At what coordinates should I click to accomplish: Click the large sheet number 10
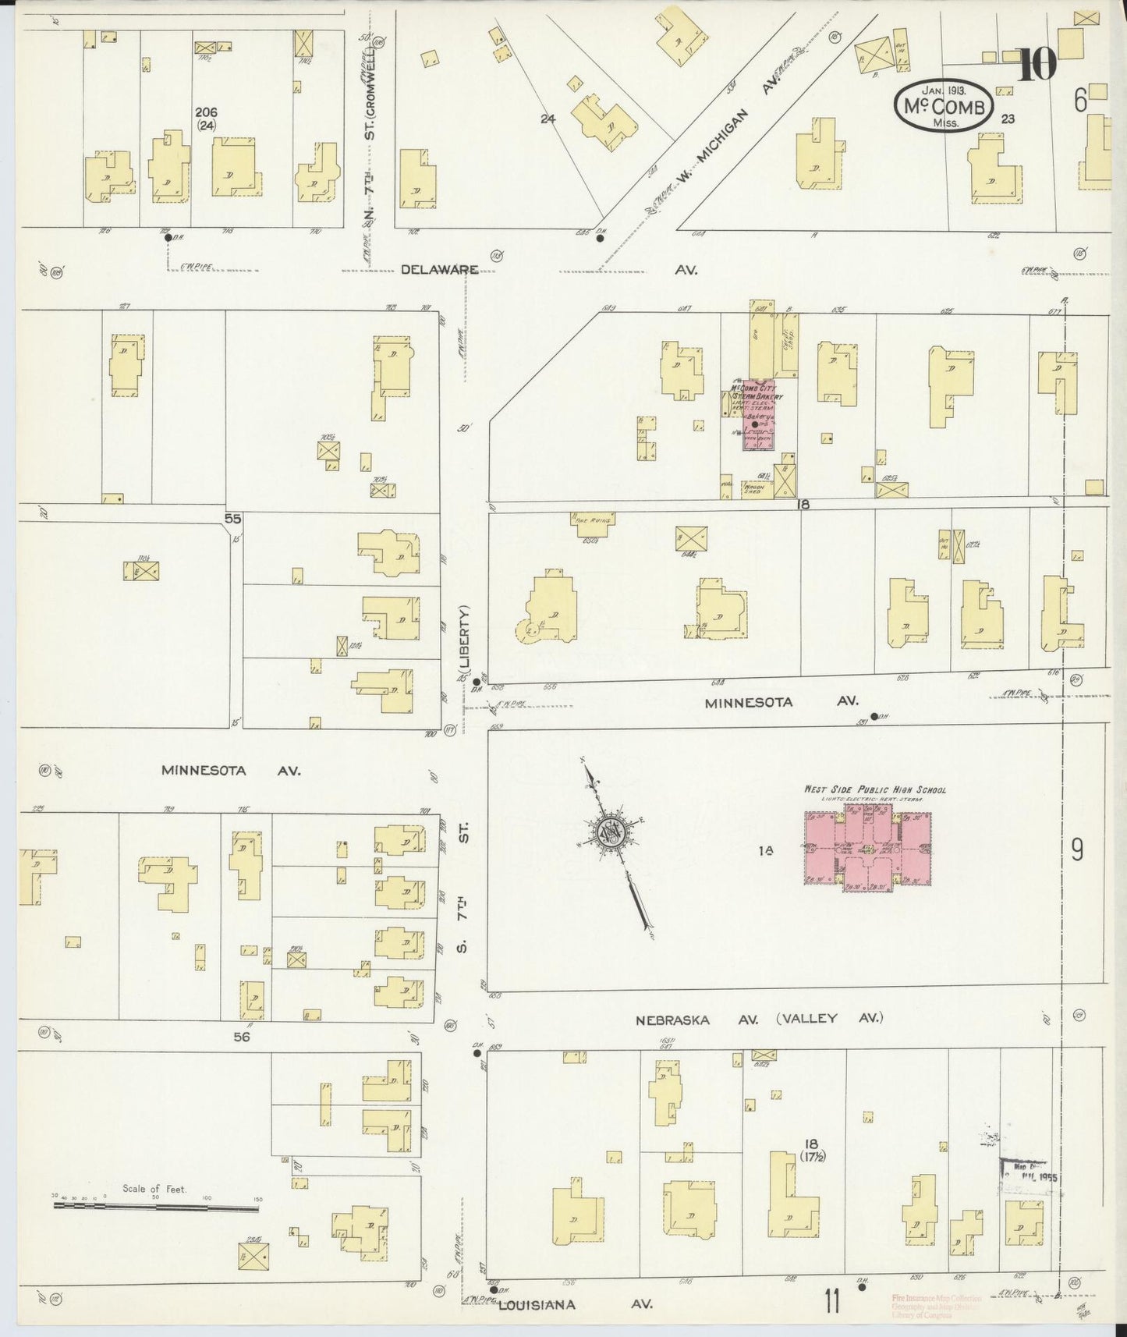click(1038, 66)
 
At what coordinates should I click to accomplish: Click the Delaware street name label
click(438, 269)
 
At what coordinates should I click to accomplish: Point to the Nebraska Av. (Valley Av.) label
click(758, 1019)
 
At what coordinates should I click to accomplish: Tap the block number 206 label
click(207, 112)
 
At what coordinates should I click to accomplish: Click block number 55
click(232, 518)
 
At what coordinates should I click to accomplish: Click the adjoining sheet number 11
click(832, 1301)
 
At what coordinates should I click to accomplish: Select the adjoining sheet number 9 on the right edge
click(1076, 849)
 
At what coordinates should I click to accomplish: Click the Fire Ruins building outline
click(593, 524)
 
